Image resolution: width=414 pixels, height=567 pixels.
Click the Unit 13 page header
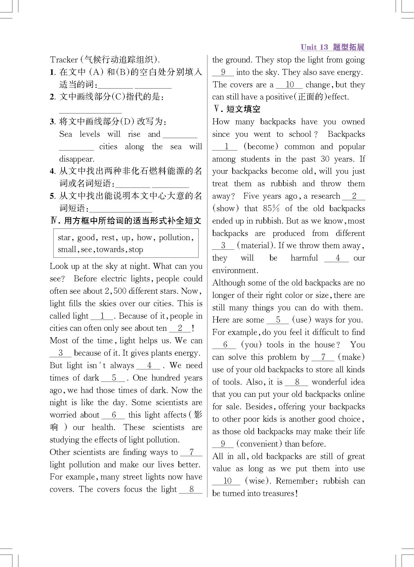[332, 47]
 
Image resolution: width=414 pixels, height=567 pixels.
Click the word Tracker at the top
[64, 60]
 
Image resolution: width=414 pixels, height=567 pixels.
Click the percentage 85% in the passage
[271, 209]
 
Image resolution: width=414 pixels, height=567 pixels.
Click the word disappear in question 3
[77, 159]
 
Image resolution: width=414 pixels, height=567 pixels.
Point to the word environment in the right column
[235, 270]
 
